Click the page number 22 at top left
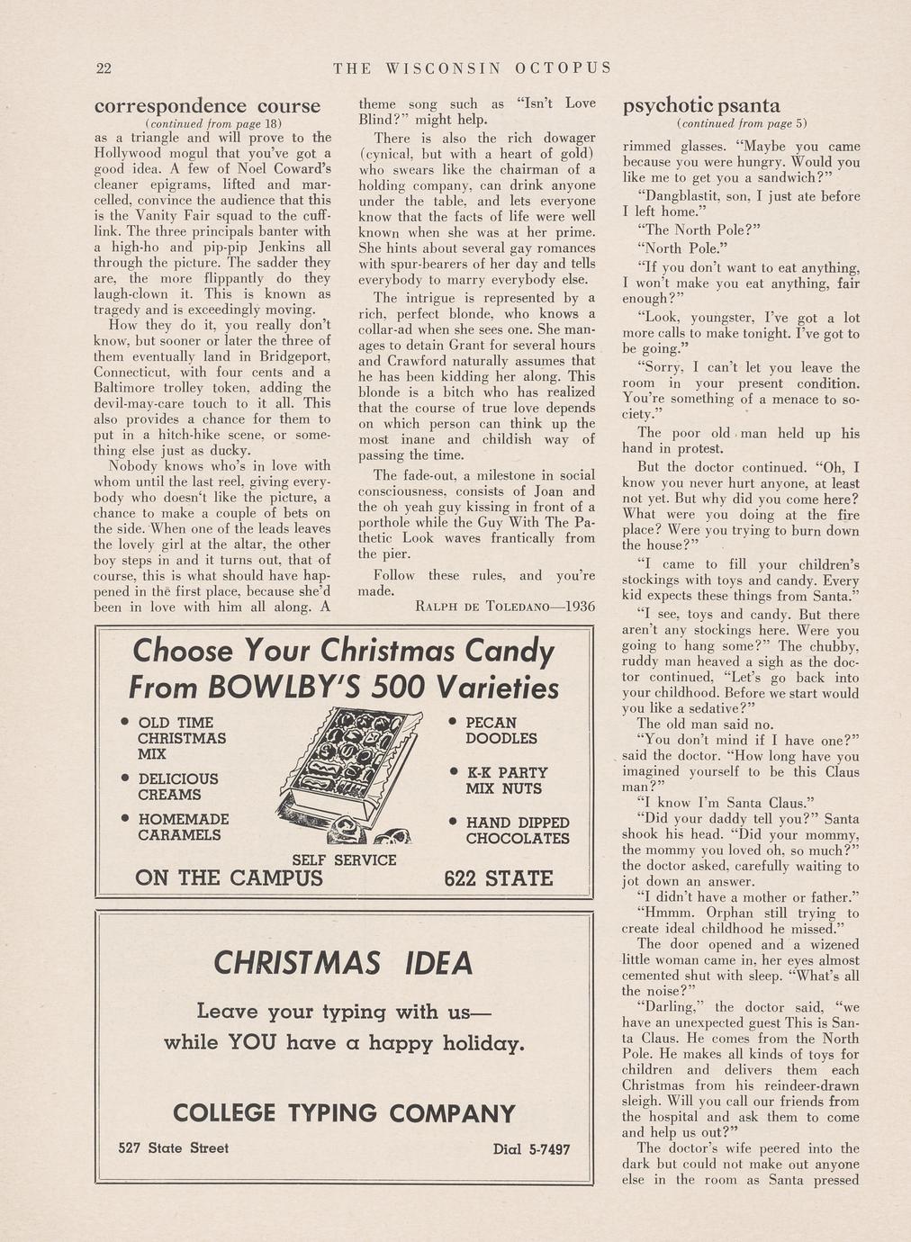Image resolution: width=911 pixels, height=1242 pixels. point(103,68)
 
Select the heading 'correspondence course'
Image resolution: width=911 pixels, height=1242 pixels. point(207,106)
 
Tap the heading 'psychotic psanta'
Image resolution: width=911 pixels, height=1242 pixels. point(701,106)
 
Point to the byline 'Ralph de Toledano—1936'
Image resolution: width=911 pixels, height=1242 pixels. point(505,607)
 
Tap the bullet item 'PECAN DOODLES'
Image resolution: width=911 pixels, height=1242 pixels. point(501,731)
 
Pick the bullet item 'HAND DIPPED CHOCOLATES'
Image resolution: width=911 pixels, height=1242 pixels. point(517,831)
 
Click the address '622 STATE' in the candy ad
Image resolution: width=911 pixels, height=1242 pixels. point(498,878)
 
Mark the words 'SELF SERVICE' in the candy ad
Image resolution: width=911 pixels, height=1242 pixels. point(344,860)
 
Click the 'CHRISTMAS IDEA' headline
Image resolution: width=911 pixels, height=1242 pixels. point(343,964)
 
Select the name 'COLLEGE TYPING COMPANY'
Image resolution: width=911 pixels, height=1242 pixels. point(343,1114)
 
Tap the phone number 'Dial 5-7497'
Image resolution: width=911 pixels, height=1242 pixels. point(531,1149)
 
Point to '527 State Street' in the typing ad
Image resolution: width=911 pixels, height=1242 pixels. point(174,1148)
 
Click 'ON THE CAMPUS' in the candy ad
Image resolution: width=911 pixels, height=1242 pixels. point(228,877)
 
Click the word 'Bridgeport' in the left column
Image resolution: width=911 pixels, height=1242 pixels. point(293,356)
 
